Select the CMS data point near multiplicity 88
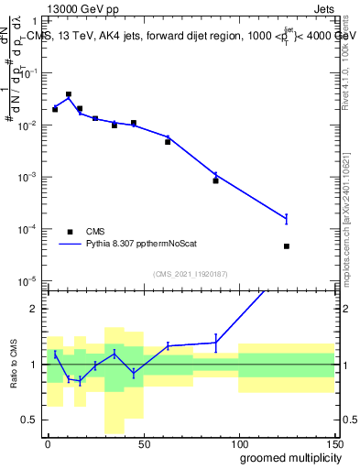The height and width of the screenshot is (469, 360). (x=215, y=180)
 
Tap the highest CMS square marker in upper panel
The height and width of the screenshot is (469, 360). (x=69, y=94)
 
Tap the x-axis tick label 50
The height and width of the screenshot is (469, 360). (x=143, y=442)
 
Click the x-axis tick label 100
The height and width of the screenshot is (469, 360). (x=238, y=442)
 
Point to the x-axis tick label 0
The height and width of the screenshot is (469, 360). (x=48, y=442)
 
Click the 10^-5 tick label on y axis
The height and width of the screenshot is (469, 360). (x=28, y=280)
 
